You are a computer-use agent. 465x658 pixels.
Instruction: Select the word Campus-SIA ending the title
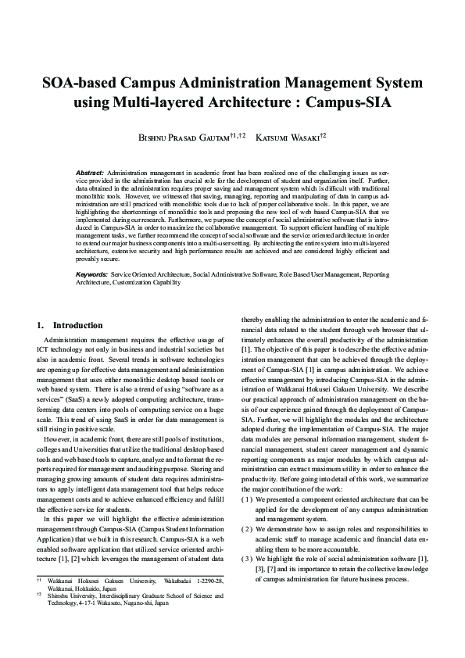tap(349, 102)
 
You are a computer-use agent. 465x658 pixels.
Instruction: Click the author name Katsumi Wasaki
tap(295, 136)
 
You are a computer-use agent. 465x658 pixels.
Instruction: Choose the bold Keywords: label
tap(92, 275)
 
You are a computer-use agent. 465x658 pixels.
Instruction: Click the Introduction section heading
tap(77, 325)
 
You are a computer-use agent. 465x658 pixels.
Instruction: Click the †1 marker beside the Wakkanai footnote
tap(39, 603)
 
